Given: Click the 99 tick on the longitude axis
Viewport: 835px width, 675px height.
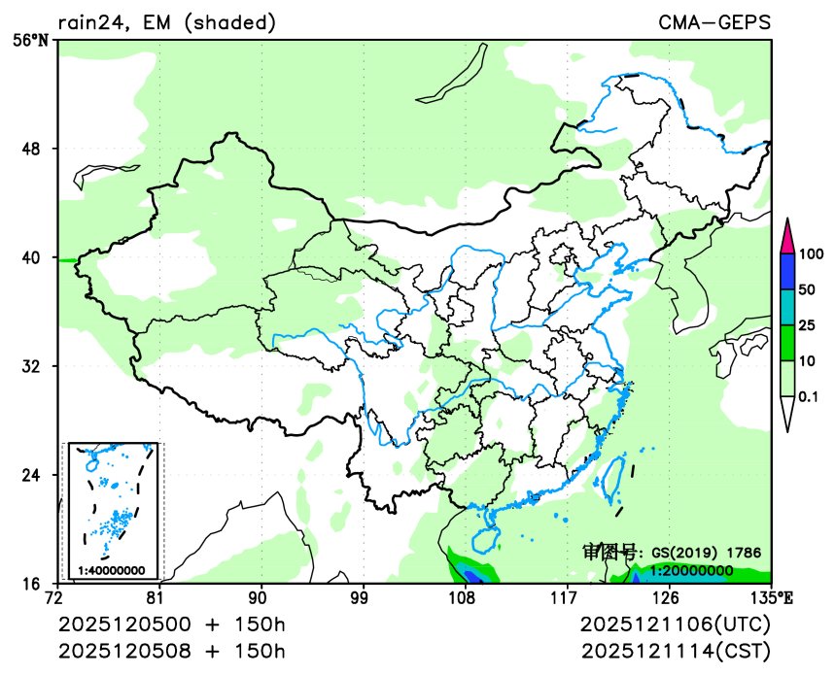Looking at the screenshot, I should tap(360, 596).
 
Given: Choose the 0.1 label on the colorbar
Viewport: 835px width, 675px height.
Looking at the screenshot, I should tap(809, 397).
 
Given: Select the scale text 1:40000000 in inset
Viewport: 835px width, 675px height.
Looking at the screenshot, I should tap(112, 570).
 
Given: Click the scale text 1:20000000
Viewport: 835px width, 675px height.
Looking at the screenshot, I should tap(691, 571).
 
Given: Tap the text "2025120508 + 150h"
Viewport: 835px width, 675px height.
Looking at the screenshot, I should tap(172, 648).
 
